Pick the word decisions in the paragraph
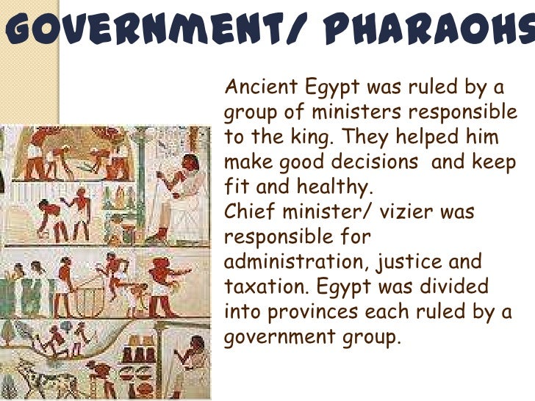point(374,162)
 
